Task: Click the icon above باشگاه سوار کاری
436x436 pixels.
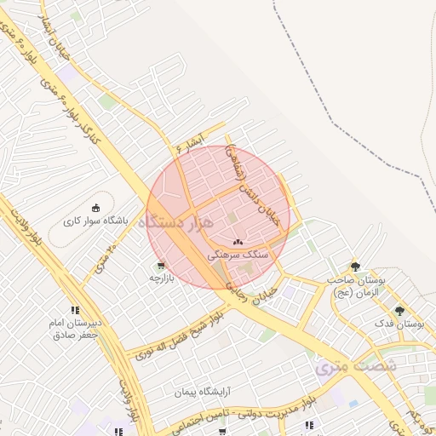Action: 95,207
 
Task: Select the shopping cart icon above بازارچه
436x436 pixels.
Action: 161,265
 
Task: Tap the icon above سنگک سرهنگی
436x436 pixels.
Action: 237,242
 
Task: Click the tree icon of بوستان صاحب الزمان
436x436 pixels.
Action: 355,266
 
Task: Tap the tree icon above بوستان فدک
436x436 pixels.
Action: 399,310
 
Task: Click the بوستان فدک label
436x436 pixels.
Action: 399,324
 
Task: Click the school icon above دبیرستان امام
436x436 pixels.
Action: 75,310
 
